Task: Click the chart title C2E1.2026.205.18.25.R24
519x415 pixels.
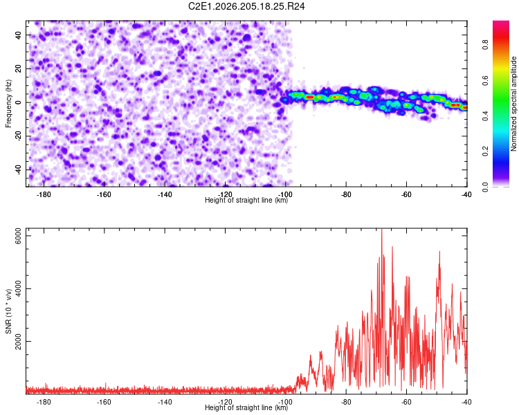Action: [246, 6]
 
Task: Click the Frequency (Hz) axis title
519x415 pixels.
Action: [8, 104]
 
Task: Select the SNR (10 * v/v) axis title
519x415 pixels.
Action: [8, 311]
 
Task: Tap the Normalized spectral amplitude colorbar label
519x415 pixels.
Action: [513, 104]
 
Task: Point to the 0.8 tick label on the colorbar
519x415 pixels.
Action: [485, 44]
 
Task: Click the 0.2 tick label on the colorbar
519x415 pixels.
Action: [485, 151]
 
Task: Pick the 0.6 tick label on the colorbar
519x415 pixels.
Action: [485, 80]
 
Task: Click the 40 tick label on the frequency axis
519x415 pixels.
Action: [19, 35]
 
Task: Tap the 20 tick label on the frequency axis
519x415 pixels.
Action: [19, 68]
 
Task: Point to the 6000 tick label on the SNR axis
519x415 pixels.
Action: [19, 236]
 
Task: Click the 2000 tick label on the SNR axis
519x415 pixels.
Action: [19, 341]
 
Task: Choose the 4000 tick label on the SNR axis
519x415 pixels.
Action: [19, 288]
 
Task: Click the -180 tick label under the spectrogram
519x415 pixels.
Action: [44, 194]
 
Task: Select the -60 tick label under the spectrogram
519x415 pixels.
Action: [406, 194]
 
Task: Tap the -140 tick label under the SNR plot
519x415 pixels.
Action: [165, 402]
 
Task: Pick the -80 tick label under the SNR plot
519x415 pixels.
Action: [346, 402]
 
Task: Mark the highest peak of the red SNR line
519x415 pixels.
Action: [381, 229]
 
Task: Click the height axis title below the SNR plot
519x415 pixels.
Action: [246, 407]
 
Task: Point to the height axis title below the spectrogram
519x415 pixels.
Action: [246, 200]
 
